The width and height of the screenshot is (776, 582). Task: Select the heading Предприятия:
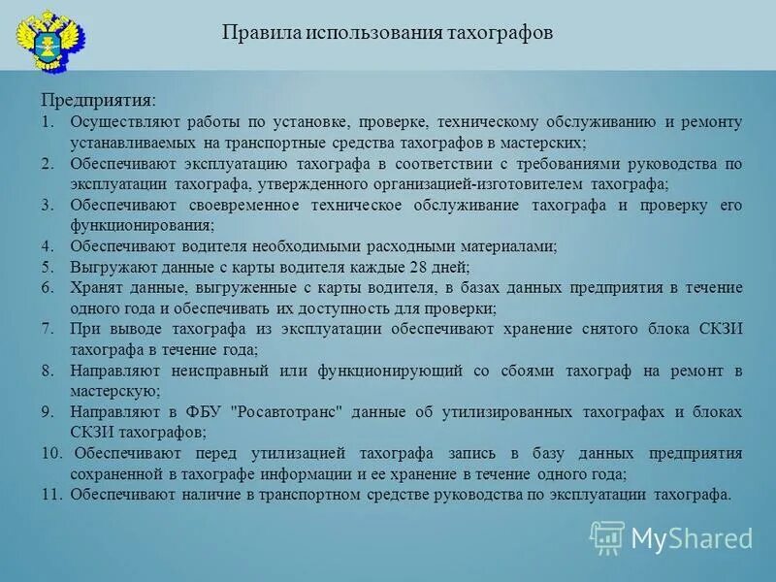(x=98, y=101)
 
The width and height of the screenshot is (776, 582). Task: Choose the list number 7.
(x=48, y=330)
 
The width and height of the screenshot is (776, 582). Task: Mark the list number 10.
(x=51, y=454)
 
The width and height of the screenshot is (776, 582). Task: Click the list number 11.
(x=51, y=495)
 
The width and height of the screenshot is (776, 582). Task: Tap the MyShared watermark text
(x=692, y=536)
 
